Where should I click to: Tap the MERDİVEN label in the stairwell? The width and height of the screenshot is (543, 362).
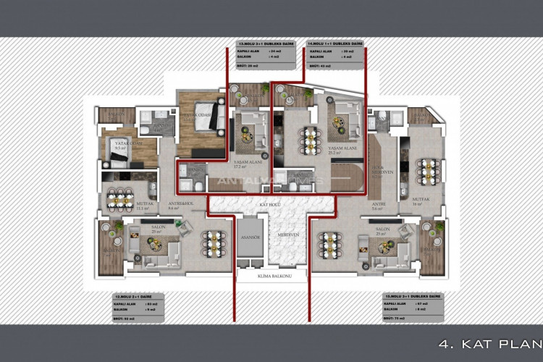tap(291, 236)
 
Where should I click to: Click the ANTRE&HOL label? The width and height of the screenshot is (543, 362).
tap(178, 206)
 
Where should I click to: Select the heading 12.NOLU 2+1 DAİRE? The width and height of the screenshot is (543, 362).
tap(135, 297)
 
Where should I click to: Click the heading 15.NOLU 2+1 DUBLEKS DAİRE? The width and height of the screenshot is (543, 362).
tap(413, 297)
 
